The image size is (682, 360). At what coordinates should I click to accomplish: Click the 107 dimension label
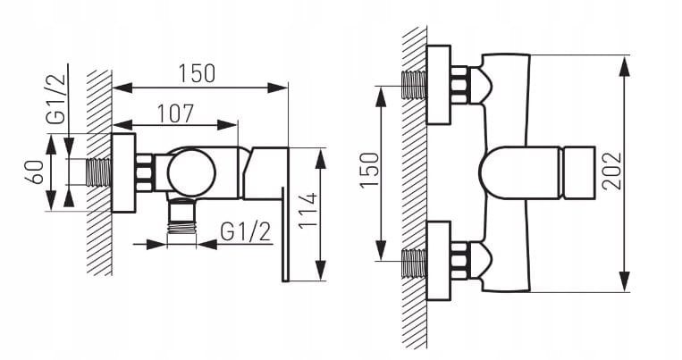[175, 113]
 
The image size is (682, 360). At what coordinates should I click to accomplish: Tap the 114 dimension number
[308, 211]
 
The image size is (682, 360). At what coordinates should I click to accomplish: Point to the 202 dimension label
[611, 171]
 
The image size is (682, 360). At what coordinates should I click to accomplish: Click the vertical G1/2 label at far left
[56, 99]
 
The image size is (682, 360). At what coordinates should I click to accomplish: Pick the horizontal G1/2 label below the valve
[245, 231]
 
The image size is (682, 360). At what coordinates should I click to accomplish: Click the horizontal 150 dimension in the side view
[197, 73]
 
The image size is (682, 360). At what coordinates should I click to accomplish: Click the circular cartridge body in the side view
[192, 172]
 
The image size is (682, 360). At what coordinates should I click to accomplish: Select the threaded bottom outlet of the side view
[181, 226]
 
